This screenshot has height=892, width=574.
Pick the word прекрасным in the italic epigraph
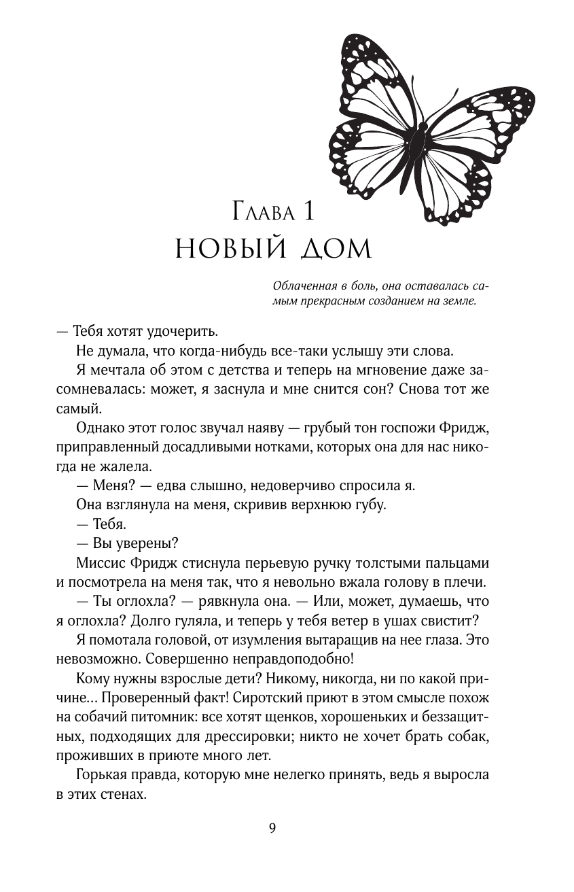click(329, 301)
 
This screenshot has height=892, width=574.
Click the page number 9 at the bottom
click(272, 827)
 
